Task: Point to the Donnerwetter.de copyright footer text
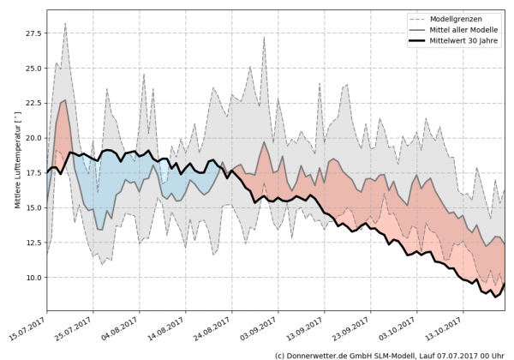pos(389,354)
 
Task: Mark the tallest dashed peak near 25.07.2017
pos(65,24)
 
